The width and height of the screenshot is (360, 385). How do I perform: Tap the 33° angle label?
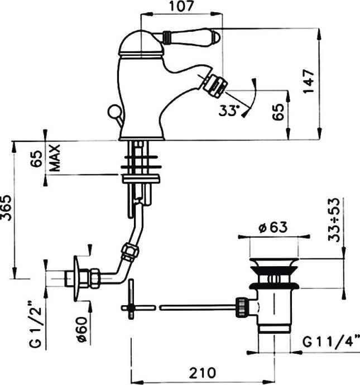point(228,110)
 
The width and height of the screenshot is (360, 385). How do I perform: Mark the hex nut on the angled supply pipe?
point(130,252)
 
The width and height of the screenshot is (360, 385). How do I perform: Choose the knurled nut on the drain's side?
point(242,306)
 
